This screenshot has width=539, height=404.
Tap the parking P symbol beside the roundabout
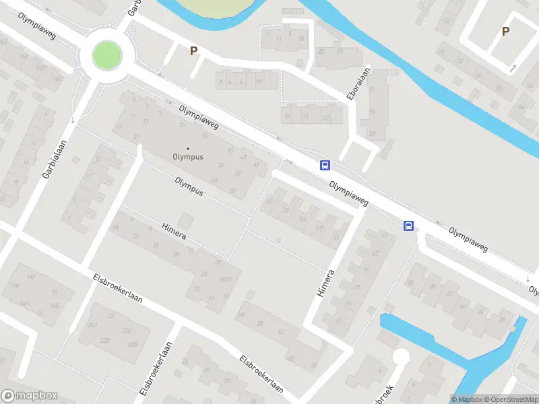coord(194,50)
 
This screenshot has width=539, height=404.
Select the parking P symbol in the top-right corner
coord(505,31)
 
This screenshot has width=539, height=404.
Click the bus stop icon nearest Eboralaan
coord(325,166)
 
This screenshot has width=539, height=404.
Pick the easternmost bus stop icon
coord(409,226)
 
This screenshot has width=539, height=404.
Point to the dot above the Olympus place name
coord(188,149)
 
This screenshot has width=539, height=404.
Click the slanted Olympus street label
coord(189,186)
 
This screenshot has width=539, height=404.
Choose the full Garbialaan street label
coord(49,159)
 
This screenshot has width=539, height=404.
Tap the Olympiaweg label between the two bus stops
coord(348,193)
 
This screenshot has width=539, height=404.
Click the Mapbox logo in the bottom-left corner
coord(30,396)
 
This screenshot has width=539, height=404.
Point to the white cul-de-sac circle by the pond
coord(402,358)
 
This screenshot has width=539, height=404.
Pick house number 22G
coord(127,330)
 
